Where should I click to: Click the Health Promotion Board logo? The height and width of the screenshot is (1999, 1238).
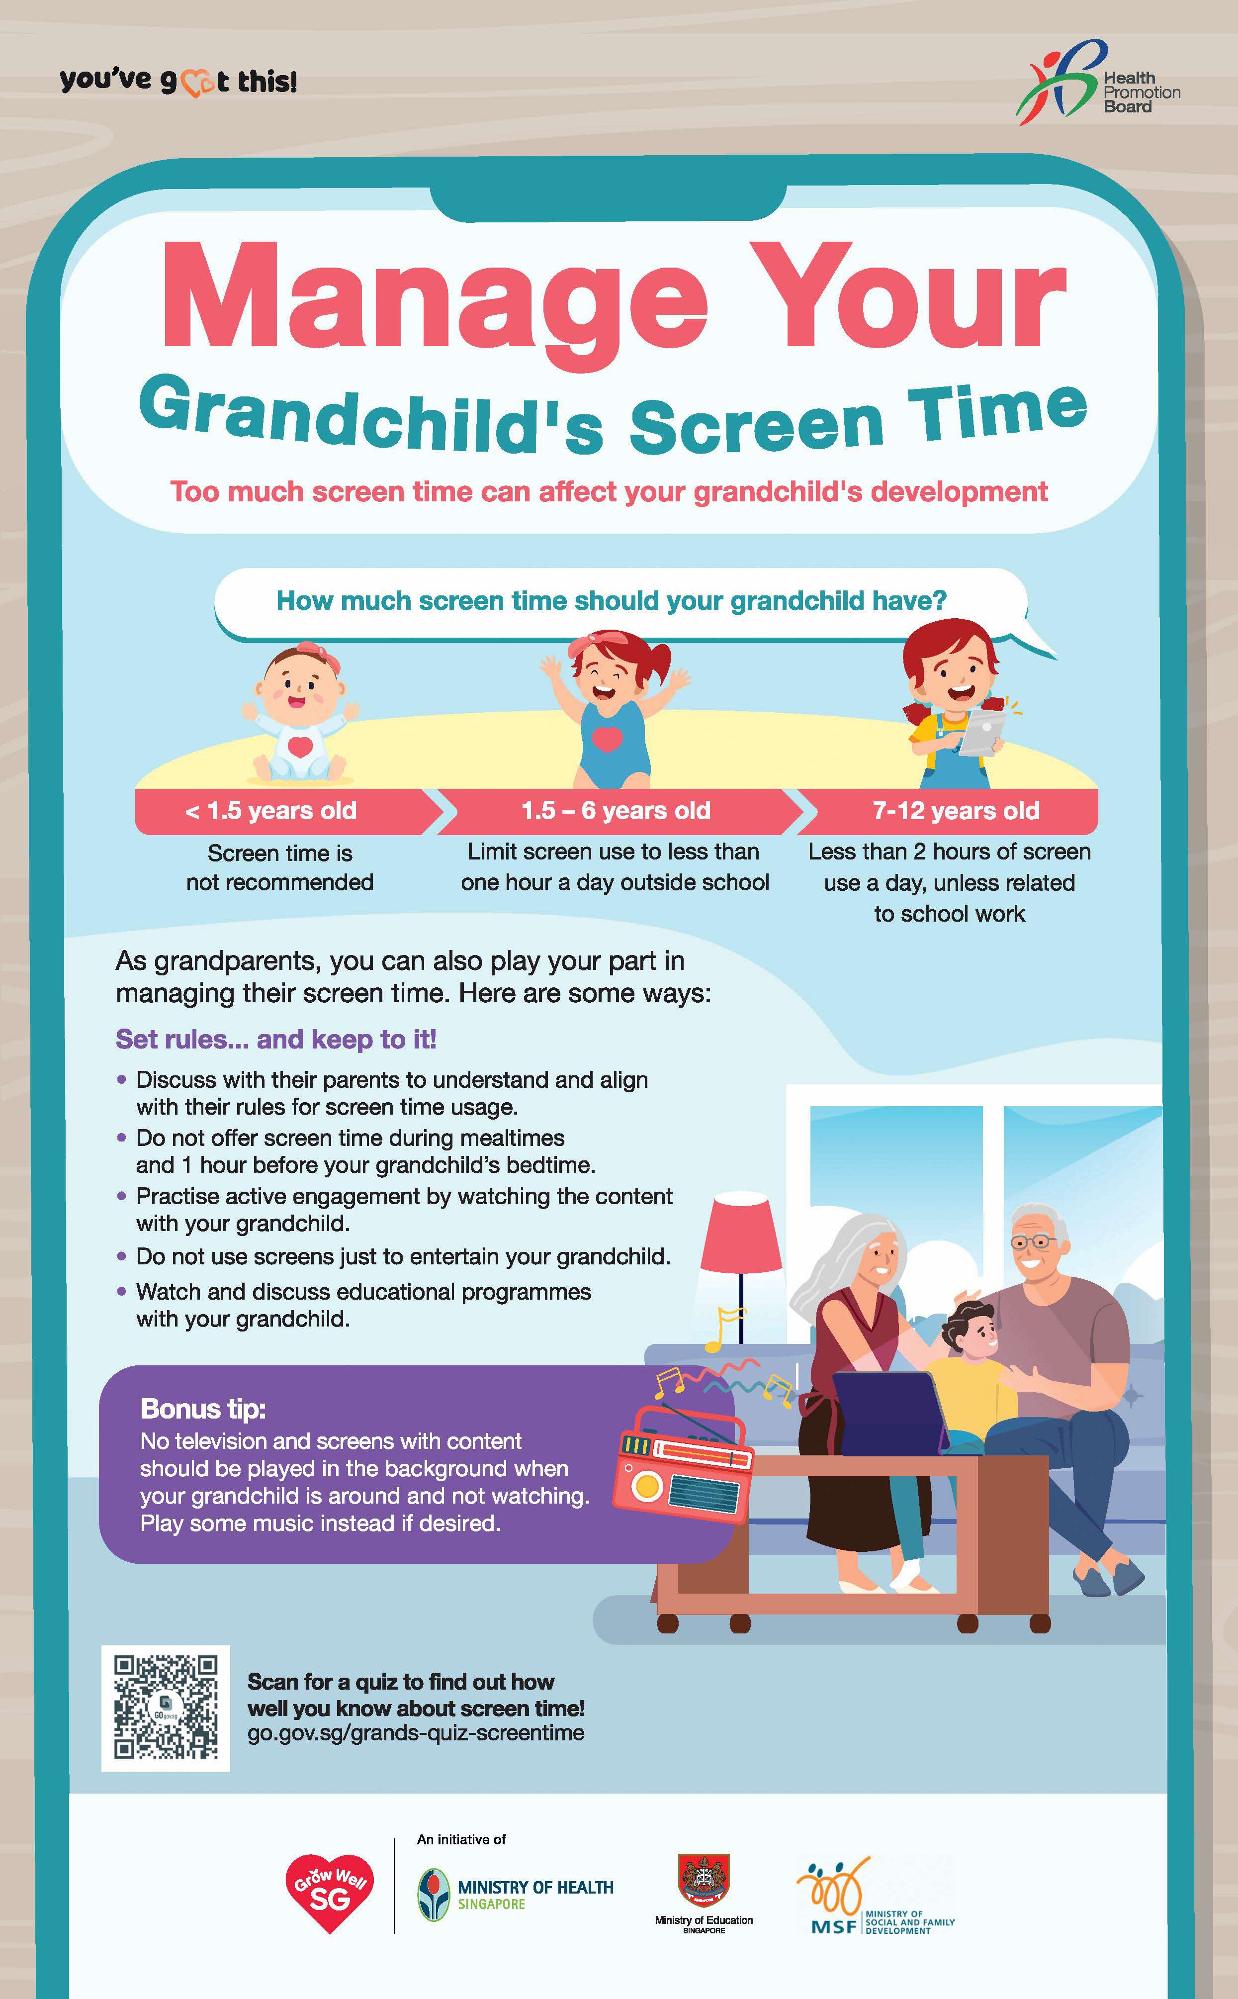pyautogui.click(x=1098, y=83)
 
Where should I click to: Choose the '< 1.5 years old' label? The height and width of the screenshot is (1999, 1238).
pyautogui.click(x=271, y=811)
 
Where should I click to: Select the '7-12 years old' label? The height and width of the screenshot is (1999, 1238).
pyautogui.click(x=956, y=811)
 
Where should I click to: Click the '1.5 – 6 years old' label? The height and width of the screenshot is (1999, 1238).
pyautogui.click(x=616, y=811)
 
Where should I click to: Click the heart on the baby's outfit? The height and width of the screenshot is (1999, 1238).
pyautogui.click(x=300, y=747)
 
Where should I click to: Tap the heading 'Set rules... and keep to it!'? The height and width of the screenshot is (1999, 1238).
pyautogui.click(x=276, y=1039)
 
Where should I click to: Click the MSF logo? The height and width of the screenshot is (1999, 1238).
pyautogui.click(x=875, y=1896)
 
